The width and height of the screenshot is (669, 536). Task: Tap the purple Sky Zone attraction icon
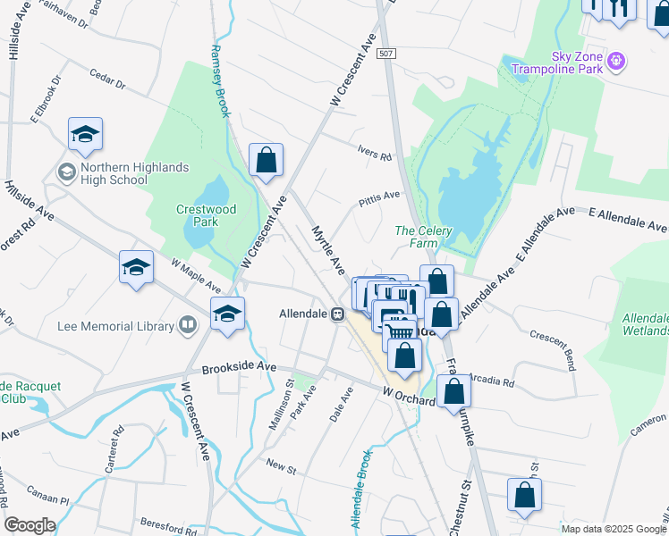tap(614, 62)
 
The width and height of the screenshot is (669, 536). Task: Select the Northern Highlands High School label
tap(113, 173)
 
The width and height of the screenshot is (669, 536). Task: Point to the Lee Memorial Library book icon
tap(188, 326)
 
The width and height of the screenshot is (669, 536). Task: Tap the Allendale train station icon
tap(338, 314)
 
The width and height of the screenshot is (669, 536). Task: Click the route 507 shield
tap(386, 54)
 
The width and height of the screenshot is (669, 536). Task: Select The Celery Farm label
tap(423, 237)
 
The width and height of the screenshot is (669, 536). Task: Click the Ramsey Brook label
tap(219, 81)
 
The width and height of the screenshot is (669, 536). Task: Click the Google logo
tap(30, 525)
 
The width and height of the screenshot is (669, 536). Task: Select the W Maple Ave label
tap(196, 275)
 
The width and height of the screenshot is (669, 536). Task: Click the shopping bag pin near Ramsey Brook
tap(266, 161)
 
